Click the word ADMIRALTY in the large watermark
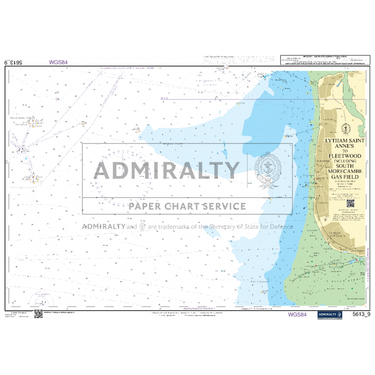point(167,170)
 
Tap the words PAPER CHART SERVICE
point(187,206)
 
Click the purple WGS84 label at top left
point(58,62)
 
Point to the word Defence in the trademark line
point(281,227)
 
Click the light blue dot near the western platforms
point(138,129)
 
